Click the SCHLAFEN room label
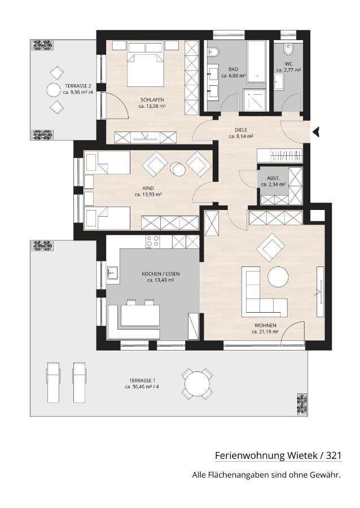152,99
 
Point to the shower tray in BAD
254,100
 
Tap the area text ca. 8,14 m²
241,137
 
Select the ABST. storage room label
273,178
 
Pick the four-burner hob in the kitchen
153,242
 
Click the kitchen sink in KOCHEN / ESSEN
113,272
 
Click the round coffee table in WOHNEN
278,277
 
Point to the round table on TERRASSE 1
197,384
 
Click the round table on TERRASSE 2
54,90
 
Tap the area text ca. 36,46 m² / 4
142,387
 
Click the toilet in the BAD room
214,52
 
